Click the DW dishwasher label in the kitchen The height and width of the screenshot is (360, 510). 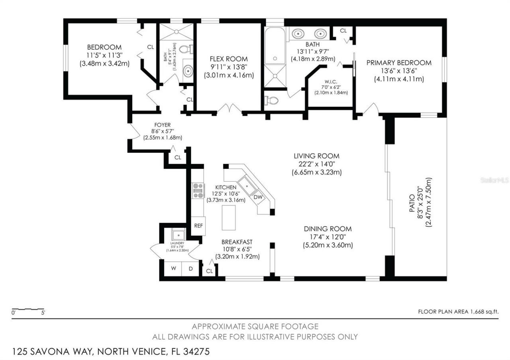click(x=258, y=197)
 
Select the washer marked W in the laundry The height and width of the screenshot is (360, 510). click(x=173, y=268)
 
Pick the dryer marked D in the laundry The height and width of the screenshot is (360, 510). click(x=191, y=268)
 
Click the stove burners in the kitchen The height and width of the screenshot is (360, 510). click(x=198, y=190)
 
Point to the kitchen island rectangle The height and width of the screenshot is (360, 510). click(x=229, y=217)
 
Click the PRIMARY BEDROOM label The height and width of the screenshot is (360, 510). click(x=398, y=63)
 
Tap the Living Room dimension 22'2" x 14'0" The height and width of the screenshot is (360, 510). click(x=316, y=164)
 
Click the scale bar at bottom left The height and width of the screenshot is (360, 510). click(x=28, y=309)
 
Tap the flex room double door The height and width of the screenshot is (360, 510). click(x=229, y=109)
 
